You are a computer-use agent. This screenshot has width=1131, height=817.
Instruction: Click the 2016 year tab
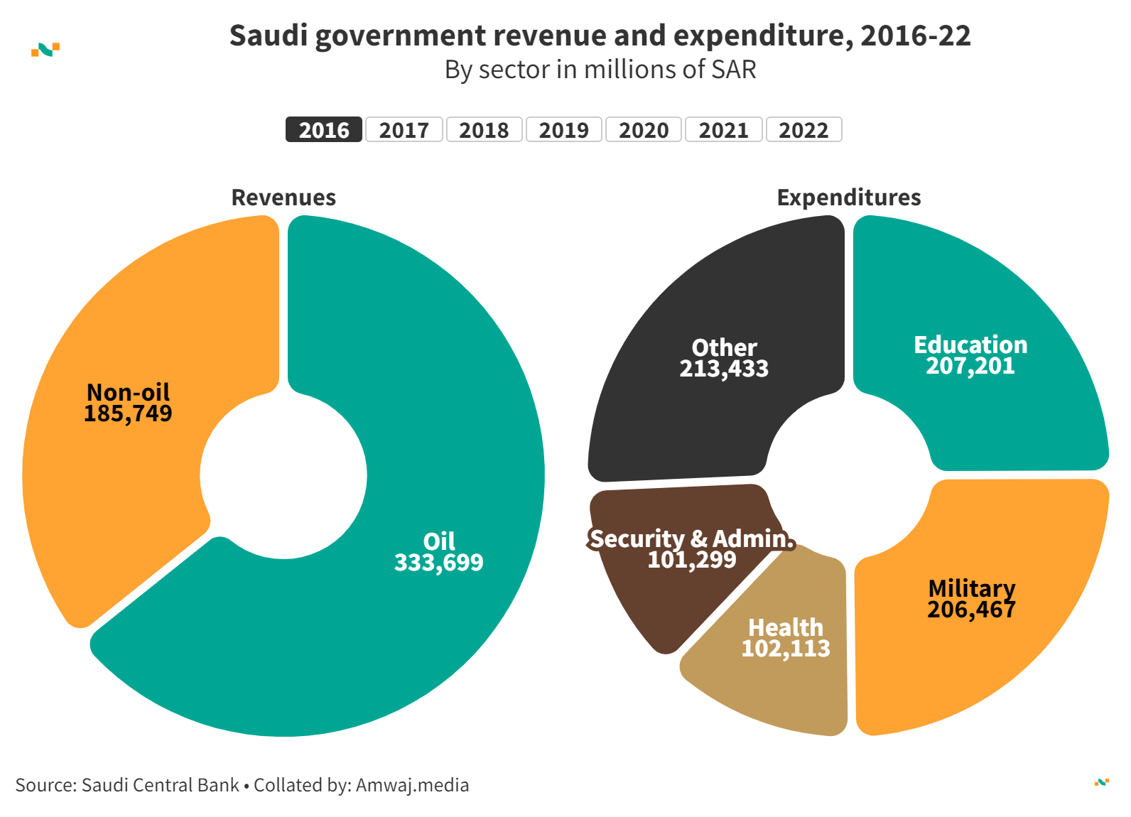tap(324, 130)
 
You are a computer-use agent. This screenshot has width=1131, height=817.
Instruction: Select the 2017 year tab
tap(404, 130)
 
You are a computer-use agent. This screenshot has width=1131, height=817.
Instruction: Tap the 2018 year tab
tap(484, 130)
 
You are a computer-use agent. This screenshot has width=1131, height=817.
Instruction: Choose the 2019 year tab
tap(564, 130)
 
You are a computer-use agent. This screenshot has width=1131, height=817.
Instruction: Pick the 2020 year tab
tap(644, 130)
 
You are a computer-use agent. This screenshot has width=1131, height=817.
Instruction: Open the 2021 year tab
tap(724, 130)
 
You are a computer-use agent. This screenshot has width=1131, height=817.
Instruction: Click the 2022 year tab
tap(803, 130)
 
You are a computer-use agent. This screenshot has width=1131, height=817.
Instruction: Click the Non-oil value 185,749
tap(128, 413)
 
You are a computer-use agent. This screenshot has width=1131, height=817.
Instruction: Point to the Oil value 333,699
tap(439, 563)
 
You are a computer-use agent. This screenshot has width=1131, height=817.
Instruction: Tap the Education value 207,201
tap(970, 366)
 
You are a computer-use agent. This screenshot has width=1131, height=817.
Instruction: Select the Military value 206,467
tap(971, 610)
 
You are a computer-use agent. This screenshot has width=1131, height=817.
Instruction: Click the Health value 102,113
tap(786, 649)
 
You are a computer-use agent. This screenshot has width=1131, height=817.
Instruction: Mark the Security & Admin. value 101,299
tap(692, 560)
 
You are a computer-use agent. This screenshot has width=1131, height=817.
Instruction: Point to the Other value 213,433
tap(724, 369)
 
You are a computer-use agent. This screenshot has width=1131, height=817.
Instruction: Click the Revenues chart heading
tap(283, 198)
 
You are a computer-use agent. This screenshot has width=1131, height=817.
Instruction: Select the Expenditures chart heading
tap(849, 198)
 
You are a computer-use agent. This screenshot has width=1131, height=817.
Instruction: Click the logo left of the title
tap(45, 49)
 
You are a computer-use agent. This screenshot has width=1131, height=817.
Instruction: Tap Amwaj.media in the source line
tap(412, 785)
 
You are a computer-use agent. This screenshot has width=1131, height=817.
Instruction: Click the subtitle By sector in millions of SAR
tap(600, 70)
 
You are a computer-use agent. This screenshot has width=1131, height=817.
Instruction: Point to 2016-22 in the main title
tap(916, 36)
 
